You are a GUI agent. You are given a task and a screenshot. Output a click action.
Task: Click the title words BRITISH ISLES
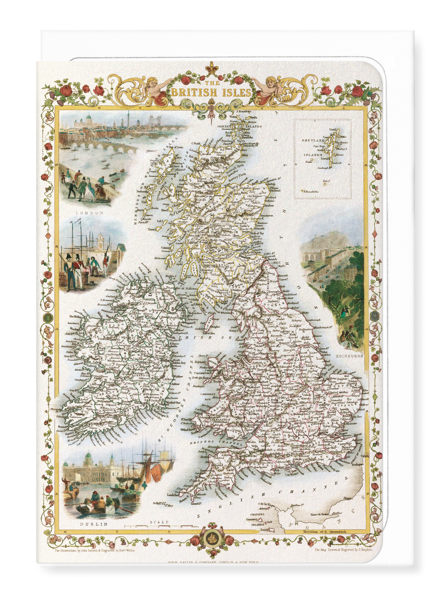coord(211,92)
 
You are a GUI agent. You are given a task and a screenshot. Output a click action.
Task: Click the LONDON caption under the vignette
coord(90,213)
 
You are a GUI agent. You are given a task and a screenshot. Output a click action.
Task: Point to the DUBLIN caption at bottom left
coord(94,524)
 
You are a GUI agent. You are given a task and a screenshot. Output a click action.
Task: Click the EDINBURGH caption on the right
coord(349,356)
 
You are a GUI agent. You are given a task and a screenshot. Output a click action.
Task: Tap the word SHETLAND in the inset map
coord(313,140)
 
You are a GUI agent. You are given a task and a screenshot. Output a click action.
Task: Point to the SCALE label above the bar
coord(159,522)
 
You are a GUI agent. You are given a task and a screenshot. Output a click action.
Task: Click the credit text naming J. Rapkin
coord(343,550)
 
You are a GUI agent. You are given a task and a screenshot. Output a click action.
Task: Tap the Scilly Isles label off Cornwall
coord(163,504)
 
